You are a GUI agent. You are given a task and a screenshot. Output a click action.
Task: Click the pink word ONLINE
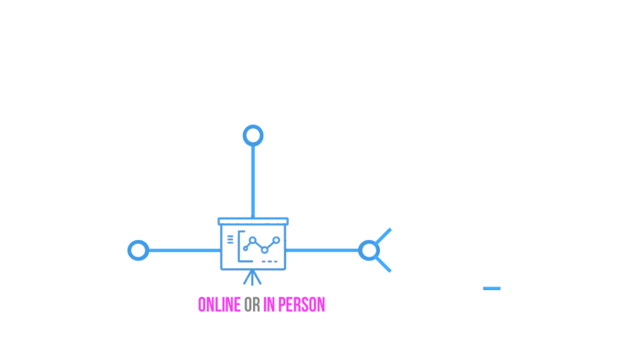(x=219, y=304)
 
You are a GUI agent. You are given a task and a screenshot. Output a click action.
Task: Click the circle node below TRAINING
(x=253, y=135)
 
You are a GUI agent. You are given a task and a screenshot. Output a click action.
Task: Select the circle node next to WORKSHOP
(x=138, y=250)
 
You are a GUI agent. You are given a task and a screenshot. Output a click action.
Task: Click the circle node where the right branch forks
(x=368, y=250)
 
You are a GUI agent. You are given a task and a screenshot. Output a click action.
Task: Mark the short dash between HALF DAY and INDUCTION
(x=492, y=288)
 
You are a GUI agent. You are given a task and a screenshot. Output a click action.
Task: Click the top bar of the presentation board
(x=253, y=221)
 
